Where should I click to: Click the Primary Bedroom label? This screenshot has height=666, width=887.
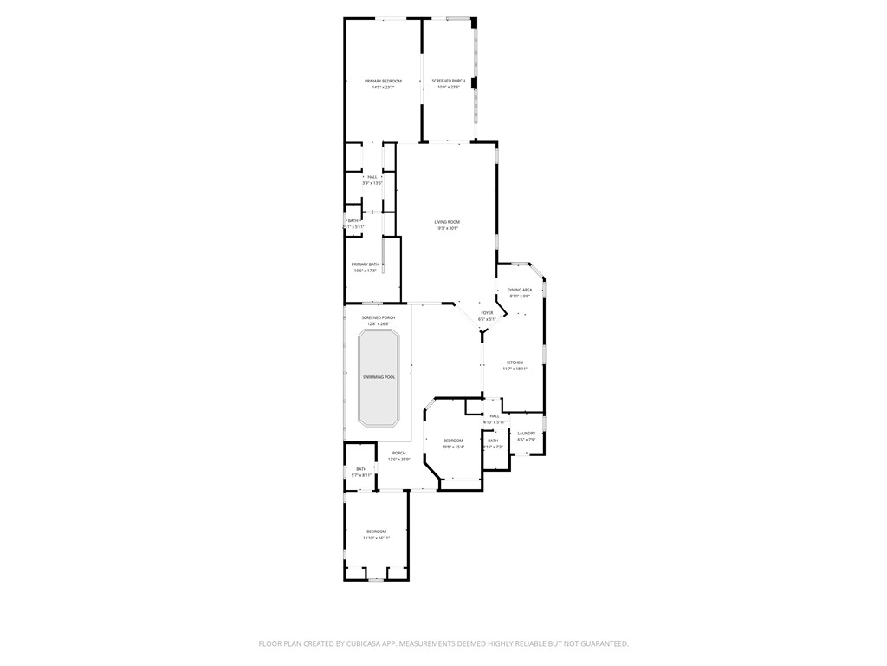coord(383,81)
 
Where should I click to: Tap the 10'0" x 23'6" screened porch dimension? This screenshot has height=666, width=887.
coord(448,88)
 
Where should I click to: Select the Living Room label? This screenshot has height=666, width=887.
coord(447,222)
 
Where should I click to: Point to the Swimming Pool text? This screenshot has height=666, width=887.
coord(379,377)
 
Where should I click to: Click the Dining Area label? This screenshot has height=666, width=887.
coord(520,290)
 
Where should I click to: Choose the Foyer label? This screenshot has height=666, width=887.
coord(487,312)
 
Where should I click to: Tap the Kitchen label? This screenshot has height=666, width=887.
coord(515,362)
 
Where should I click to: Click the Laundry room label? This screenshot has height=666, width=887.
coord(527,433)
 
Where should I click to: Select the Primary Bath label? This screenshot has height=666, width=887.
coord(365,264)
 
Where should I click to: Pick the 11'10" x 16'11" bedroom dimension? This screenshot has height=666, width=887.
coord(376,538)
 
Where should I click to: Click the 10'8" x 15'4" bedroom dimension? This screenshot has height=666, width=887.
coord(453,447)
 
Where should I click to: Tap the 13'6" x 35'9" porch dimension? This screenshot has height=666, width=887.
coord(398,459)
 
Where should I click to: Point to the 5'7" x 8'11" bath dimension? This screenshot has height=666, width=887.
coord(361,475)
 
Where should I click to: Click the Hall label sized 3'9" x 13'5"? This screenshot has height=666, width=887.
coord(372,177)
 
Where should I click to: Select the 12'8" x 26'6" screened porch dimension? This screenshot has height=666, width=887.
coord(379,324)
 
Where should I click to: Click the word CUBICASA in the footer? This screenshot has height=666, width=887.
coord(361,643)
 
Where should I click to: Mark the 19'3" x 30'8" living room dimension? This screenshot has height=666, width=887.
coord(447,229)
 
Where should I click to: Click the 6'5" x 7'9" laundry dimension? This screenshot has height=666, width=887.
coord(527,440)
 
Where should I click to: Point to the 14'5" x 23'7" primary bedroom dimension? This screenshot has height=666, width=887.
coord(383,88)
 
